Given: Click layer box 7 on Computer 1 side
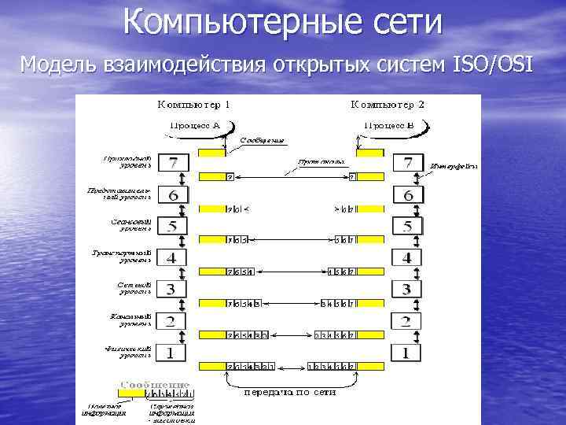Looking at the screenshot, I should (x=173, y=163).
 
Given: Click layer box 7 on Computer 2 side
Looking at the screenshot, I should (x=407, y=163).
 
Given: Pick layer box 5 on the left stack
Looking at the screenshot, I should (x=172, y=226).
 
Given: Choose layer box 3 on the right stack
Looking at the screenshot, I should (x=407, y=289).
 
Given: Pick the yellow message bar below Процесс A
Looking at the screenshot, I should (x=211, y=153).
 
